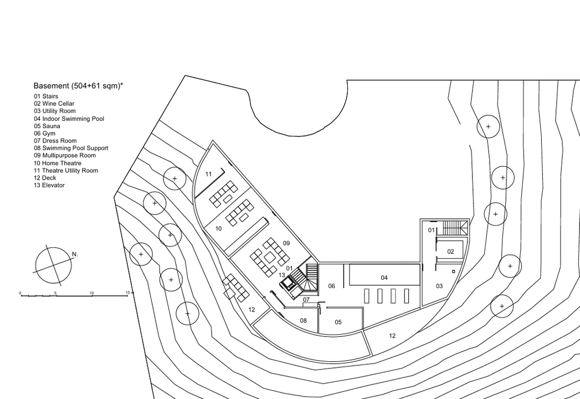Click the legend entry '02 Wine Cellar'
click(x=54, y=104)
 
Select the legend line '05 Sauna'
click(x=47, y=126)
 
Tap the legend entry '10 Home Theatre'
click(x=57, y=163)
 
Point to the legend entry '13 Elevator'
click(x=49, y=186)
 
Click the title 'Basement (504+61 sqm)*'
click(x=79, y=86)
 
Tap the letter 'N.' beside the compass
click(x=75, y=254)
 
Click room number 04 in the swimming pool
click(x=384, y=278)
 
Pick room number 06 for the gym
click(x=331, y=286)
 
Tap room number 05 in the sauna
click(x=338, y=322)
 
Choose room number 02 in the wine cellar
click(x=450, y=252)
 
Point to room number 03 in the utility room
click(x=439, y=286)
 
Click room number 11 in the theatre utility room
click(x=209, y=174)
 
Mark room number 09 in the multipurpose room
click(x=286, y=243)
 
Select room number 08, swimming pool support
click(x=304, y=320)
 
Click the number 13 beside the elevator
click(x=282, y=275)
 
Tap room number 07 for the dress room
click(x=306, y=300)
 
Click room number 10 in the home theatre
click(x=219, y=229)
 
